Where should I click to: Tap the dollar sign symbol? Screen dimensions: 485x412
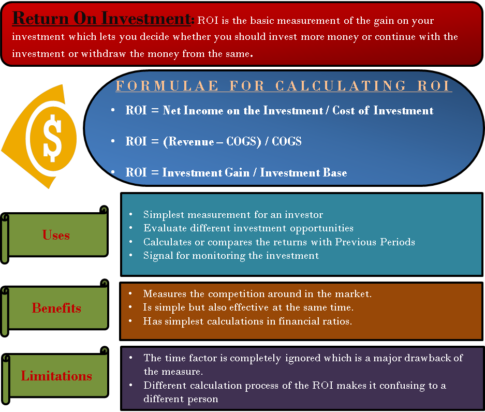tap(52, 138)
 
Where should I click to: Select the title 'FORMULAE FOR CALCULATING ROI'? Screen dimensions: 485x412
tap(283, 86)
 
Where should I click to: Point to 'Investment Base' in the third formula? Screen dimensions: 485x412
tap(303, 172)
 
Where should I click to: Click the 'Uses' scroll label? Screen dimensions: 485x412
tap(56, 235)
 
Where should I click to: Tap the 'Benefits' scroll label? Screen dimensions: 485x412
tap(56, 308)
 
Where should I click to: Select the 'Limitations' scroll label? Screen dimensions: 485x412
tap(56, 376)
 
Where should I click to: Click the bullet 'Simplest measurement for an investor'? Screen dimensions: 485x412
tap(233, 214)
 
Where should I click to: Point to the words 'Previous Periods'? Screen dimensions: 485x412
tap(375, 242)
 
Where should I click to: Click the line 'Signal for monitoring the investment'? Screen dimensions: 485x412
tap(231, 256)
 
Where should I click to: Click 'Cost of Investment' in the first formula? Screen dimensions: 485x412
tap(383, 110)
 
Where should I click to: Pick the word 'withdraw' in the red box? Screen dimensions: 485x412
tap(104, 54)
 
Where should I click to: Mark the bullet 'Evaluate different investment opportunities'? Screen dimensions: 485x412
tap(248, 228)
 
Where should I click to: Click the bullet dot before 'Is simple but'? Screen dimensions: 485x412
tap(130, 307)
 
